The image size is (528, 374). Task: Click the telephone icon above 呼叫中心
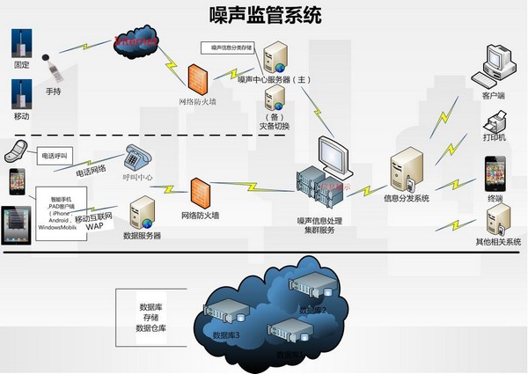[x=139, y=157]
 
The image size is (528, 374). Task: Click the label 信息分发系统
[x=407, y=199]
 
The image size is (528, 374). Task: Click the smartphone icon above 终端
[x=495, y=173]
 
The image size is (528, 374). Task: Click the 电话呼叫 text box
[x=55, y=155]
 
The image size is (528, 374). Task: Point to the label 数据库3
[x=226, y=336]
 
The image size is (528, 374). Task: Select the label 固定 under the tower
[x=22, y=66]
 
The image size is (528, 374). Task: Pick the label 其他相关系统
[x=498, y=241]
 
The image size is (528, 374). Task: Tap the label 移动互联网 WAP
[x=95, y=221]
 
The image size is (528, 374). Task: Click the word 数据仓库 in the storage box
[x=151, y=328]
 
